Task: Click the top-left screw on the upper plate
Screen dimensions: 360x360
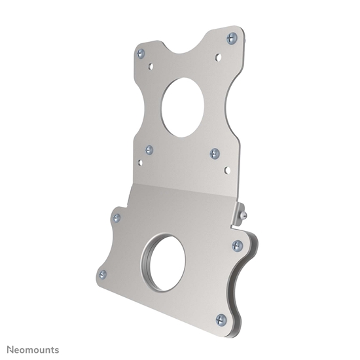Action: click(x=141, y=53)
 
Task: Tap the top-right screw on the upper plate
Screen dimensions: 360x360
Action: click(x=232, y=38)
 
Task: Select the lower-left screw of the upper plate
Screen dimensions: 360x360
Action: click(x=149, y=150)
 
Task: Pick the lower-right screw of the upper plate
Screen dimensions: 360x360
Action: click(x=215, y=154)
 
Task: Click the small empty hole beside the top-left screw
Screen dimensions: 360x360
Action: click(x=151, y=65)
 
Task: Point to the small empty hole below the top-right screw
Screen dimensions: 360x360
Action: click(x=218, y=57)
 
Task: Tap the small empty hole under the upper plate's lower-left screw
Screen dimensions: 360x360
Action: click(x=139, y=163)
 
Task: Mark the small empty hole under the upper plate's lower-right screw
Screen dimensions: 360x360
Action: click(x=226, y=170)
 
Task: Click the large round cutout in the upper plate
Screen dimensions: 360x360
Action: click(x=182, y=107)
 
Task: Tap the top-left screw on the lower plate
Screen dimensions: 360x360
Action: click(x=117, y=218)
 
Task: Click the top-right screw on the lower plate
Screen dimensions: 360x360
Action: click(x=237, y=245)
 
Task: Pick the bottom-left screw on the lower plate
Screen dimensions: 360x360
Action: click(x=102, y=274)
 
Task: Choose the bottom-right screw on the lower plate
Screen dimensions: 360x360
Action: click(x=221, y=319)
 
